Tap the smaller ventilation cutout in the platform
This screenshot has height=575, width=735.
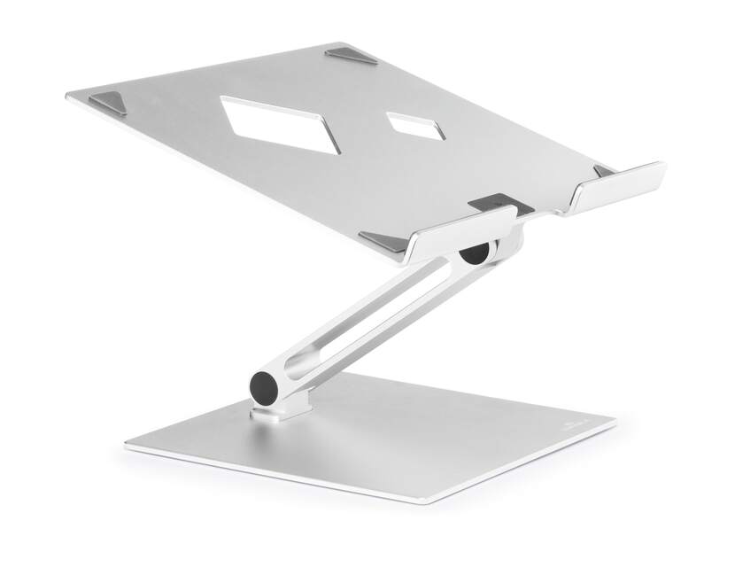[x=417, y=126]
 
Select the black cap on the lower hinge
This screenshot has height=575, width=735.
[x=263, y=386]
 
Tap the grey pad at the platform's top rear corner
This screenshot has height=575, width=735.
[x=352, y=55]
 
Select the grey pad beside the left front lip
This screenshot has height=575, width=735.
[x=383, y=240]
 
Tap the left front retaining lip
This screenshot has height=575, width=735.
[x=460, y=232]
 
